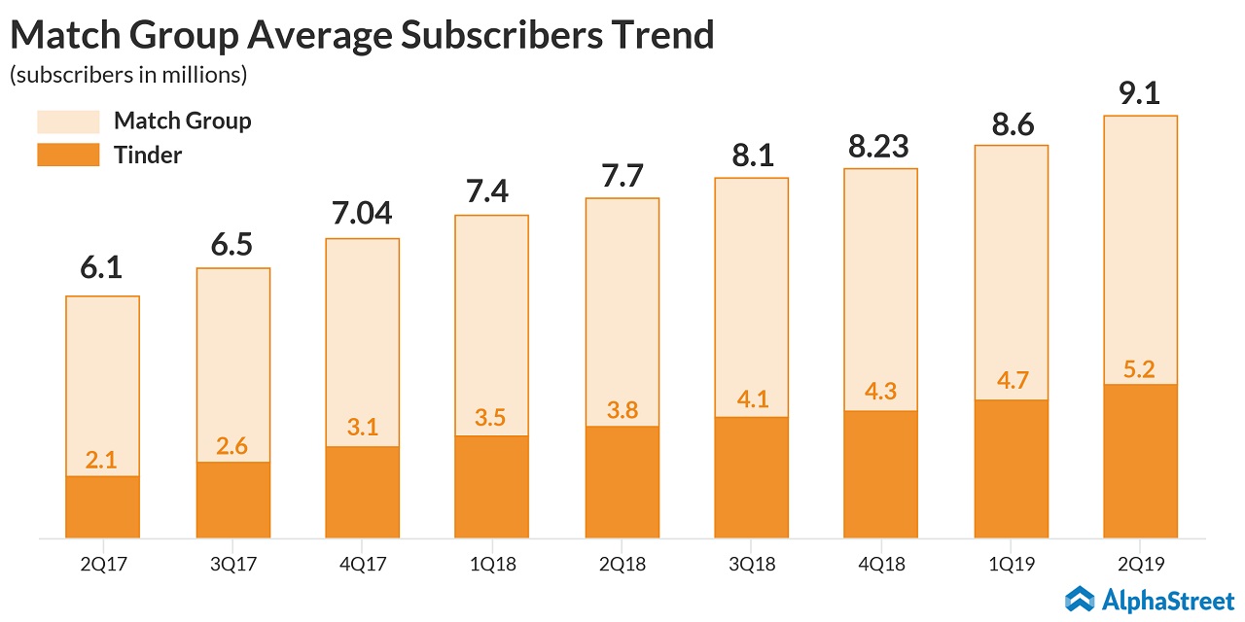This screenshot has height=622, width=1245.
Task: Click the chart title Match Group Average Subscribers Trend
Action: pyautogui.click(x=362, y=35)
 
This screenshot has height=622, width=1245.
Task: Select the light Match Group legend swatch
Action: pyautogui.click(x=68, y=121)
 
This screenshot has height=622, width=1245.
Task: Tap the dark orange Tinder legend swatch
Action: pyautogui.click(x=68, y=155)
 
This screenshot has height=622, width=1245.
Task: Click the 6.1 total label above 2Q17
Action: pyautogui.click(x=102, y=268)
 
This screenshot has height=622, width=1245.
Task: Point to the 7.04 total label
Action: pyautogui.click(x=362, y=211)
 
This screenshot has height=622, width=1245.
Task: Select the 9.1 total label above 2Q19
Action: pyautogui.click(x=1140, y=93)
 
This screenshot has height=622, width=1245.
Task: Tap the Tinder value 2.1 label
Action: pyautogui.click(x=102, y=461)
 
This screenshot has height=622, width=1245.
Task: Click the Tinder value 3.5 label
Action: pyautogui.click(x=491, y=420)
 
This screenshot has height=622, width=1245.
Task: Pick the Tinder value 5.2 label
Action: pyautogui.click(x=1140, y=368)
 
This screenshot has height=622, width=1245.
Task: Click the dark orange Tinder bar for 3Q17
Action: pyautogui.click(x=232, y=500)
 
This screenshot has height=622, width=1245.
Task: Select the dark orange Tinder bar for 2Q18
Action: pyautogui.click(x=622, y=482)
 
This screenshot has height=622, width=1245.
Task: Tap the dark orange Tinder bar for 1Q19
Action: pyautogui.click(x=1011, y=468)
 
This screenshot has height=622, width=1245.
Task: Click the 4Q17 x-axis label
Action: pyautogui.click(x=362, y=563)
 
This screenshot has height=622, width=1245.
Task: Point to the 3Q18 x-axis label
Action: pyautogui.click(x=751, y=563)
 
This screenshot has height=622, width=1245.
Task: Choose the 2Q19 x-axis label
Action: pyautogui.click(x=1140, y=563)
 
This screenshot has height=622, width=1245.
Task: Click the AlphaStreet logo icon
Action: pyautogui.click(x=1081, y=598)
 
